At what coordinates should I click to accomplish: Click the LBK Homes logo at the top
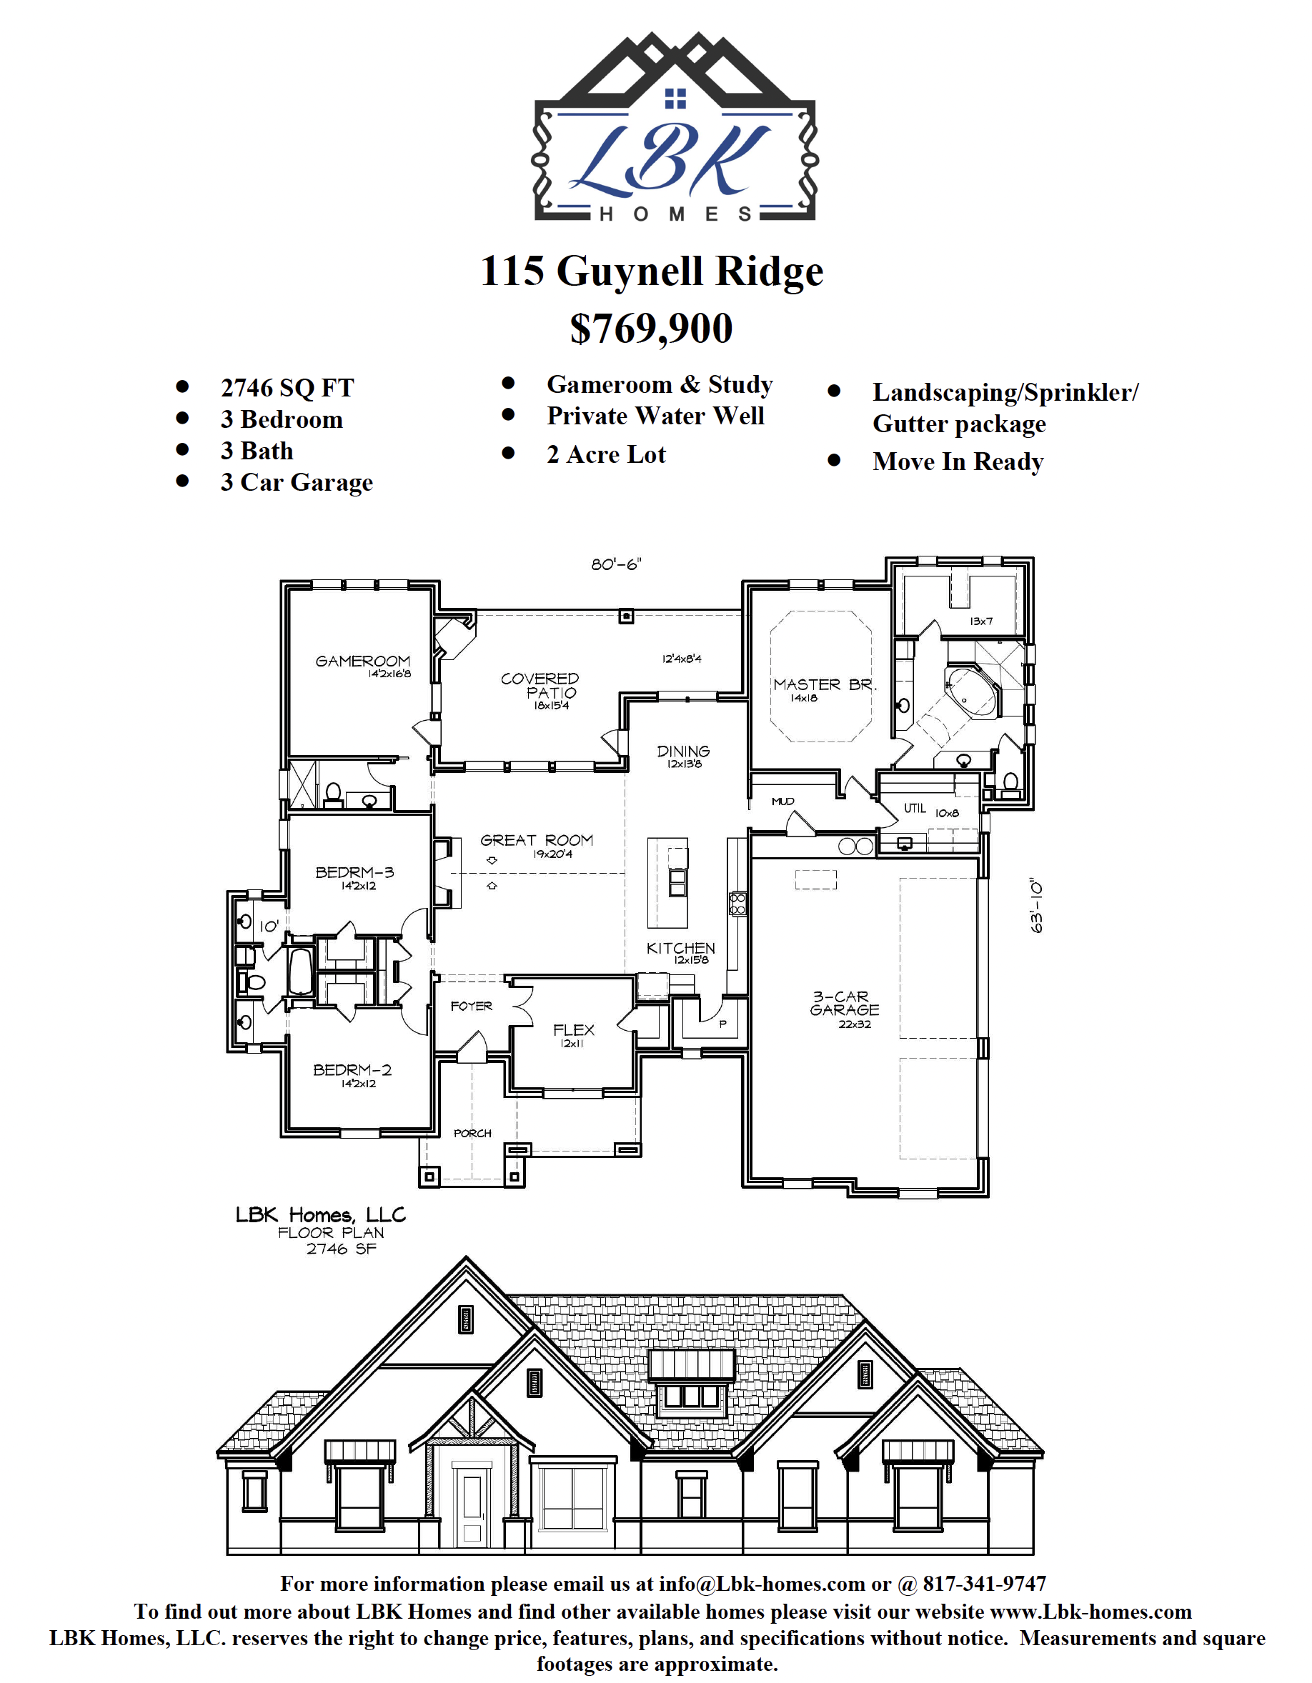675,127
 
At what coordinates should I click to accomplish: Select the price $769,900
652,329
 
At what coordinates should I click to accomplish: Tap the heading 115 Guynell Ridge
652,271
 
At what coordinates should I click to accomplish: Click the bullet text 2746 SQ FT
287,388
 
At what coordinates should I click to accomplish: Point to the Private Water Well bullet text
655,416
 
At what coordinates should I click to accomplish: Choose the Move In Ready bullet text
958,461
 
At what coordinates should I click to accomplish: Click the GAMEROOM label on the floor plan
362,661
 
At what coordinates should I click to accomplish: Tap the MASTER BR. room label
825,684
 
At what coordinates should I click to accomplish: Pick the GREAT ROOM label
537,840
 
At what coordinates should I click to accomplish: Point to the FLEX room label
574,1029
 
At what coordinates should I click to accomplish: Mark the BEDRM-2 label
352,1069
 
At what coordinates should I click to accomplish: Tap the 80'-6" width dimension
616,564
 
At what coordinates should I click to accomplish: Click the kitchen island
667,882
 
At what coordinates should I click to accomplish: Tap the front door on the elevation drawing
471,1507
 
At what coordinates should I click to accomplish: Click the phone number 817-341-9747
985,1584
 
